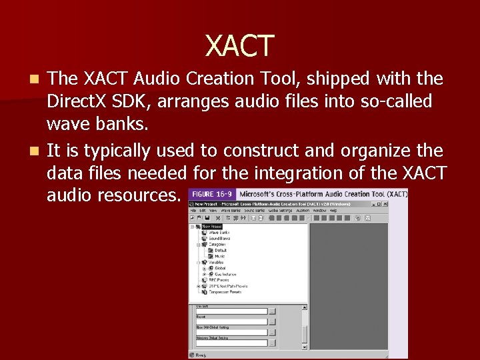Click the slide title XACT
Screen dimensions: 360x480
point(240,45)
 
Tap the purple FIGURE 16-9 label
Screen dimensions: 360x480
point(212,194)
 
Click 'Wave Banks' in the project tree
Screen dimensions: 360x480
point(220,232)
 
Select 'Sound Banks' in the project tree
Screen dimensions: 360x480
point(221,238)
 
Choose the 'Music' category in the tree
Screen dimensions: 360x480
point(220,256)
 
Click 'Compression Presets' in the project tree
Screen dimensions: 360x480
point(225,292)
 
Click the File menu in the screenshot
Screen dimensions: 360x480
point(194,210)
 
